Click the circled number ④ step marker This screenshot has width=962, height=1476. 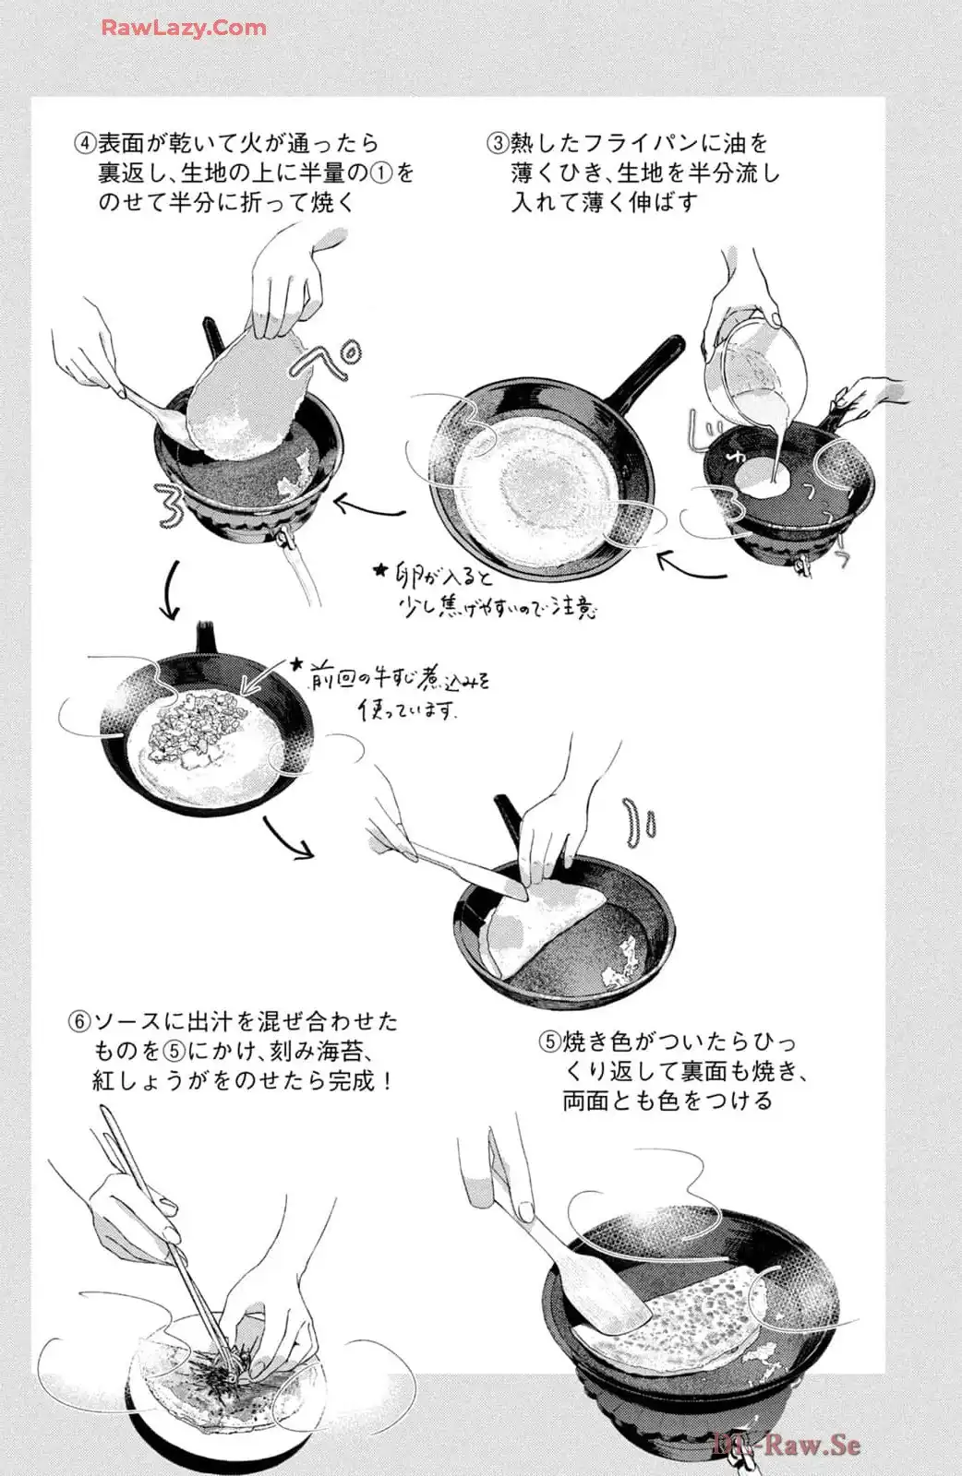click(x=85, y=143)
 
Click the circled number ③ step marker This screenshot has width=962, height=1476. click(x=498, y=143)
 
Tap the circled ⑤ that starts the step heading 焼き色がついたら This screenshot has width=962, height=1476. click(x=549, y=1042)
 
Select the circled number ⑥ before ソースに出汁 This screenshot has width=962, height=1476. click(x=79, y=1022)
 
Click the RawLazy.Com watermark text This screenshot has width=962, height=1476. click(x=184, y=28)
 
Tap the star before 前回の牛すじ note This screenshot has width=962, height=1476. click(x=297, y=662)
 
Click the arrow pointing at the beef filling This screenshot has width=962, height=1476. click(x=264, y=675)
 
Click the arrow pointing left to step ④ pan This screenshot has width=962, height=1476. click(x=368, y=507)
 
